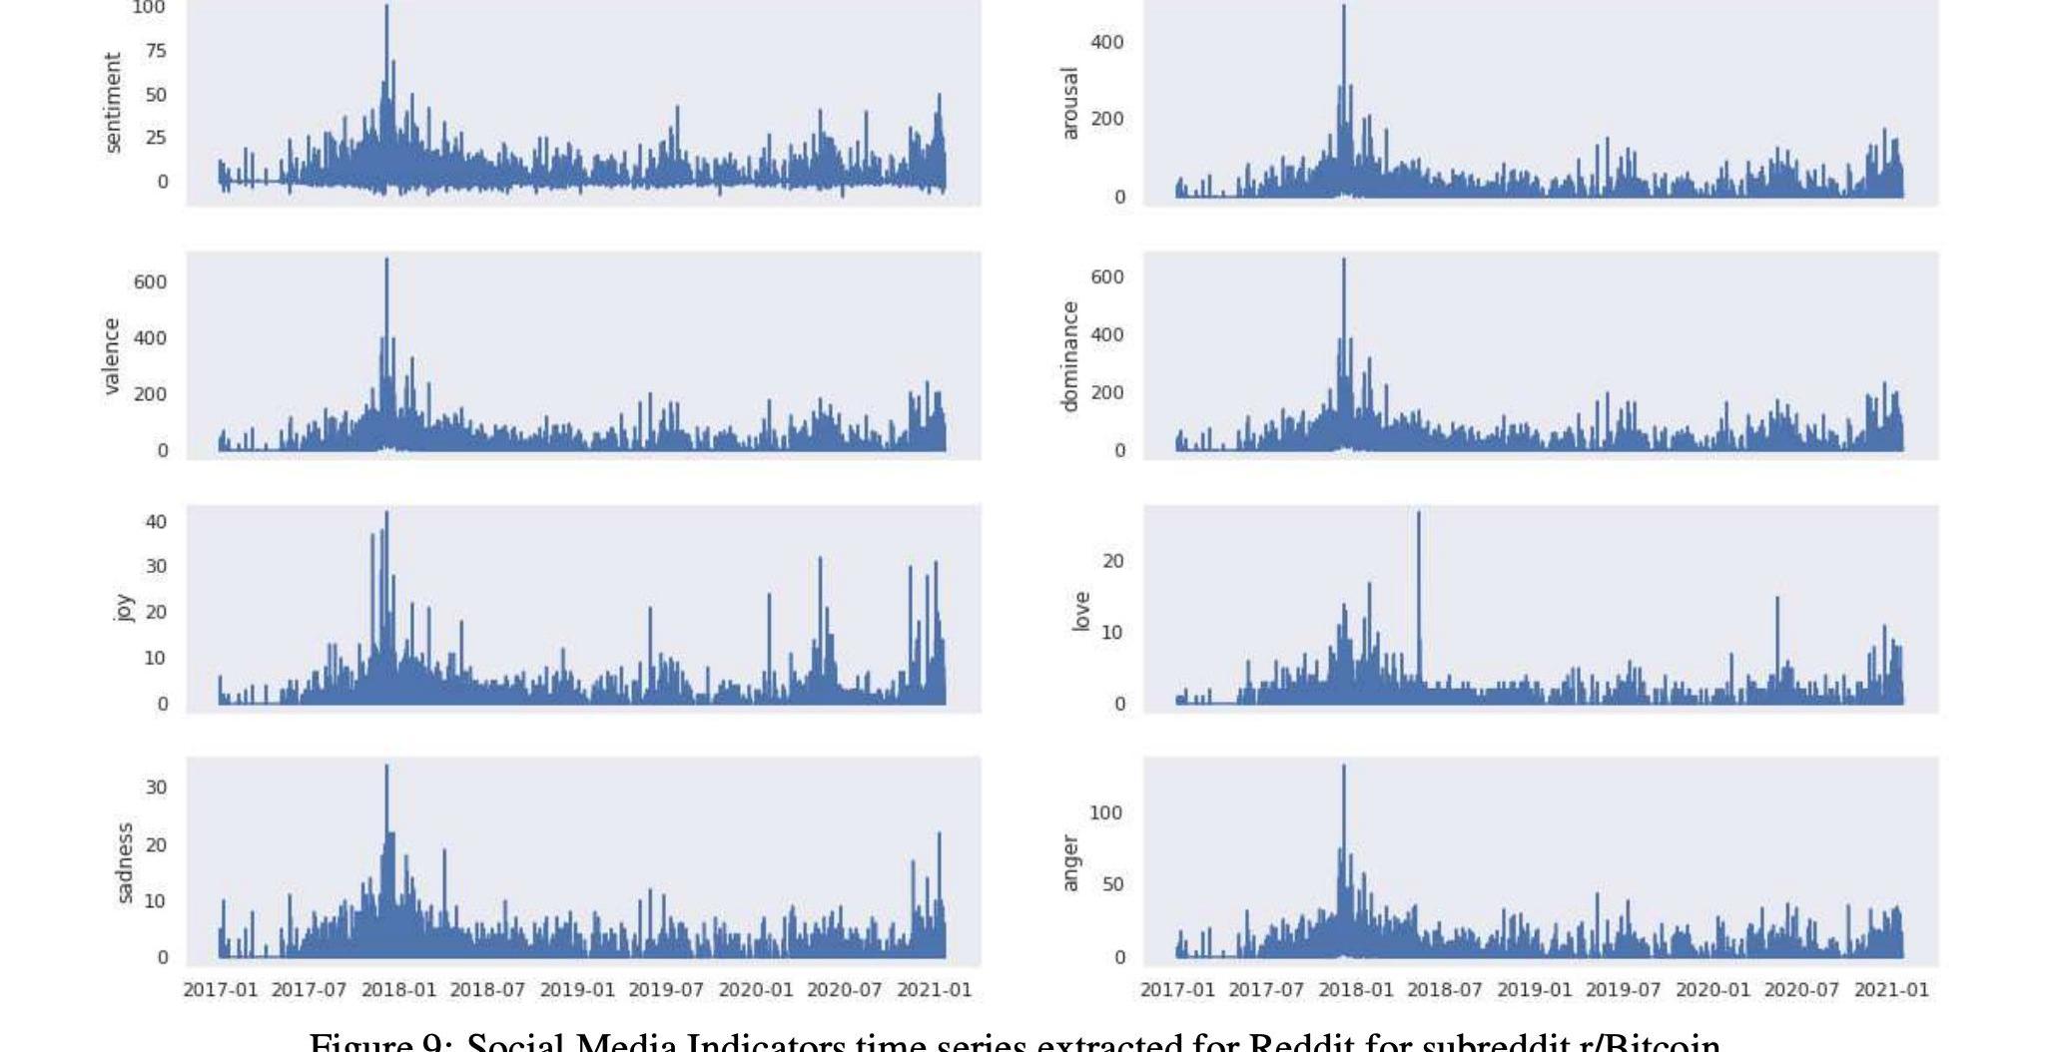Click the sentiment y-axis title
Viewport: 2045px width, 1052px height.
click(113, 103)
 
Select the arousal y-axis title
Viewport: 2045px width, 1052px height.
click(1070, 104)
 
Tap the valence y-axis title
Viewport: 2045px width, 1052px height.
click(112, 356)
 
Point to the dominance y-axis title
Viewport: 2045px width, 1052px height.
click(1070, 356)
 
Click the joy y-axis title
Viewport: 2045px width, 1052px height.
click(123, 608)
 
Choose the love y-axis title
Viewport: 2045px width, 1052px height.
click(1081, 611)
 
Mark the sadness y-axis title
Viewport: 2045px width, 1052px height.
click(124, 862)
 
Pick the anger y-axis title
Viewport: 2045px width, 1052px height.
click(1070, 862)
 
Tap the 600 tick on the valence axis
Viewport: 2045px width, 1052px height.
click(150, 282)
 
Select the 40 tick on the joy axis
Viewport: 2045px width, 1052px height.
click(156, 522)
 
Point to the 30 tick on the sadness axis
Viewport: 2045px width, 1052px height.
click(156, 788)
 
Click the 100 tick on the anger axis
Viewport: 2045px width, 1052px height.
click(1106, 813)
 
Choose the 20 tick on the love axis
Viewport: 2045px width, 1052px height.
click(1113, 562)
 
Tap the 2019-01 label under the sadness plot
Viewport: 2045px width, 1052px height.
click(577, 990)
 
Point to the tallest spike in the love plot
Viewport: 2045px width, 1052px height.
click(1419, 514)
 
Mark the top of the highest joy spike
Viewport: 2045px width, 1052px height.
click(386, 513)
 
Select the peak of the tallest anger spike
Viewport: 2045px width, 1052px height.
click(1343, 767)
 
